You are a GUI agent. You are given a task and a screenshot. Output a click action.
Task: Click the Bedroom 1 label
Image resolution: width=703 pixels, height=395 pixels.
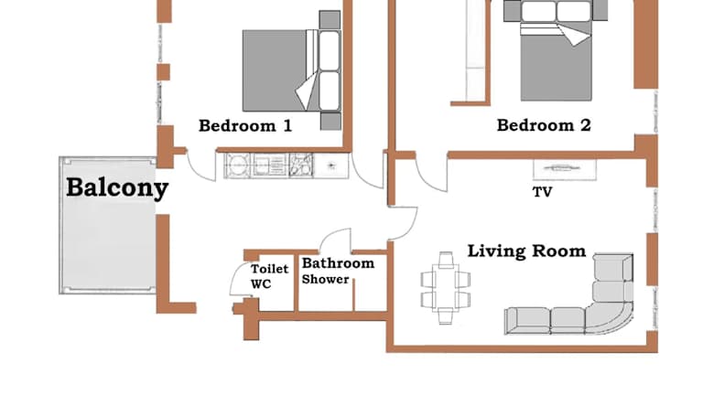(245, 125)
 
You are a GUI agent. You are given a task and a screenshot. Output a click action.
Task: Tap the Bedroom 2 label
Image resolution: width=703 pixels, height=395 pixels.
(544, 125)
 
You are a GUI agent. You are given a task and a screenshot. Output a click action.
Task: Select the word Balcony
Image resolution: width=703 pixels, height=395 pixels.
(117, 187)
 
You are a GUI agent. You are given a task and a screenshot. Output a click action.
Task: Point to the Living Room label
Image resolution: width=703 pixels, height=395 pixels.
(526, 251)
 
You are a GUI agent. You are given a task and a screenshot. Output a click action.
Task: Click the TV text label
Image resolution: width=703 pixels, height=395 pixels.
(542, 192)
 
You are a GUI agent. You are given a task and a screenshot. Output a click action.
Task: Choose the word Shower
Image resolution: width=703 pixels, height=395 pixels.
(325, 279)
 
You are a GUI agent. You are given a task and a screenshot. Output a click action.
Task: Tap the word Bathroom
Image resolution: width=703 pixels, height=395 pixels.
(338, 263)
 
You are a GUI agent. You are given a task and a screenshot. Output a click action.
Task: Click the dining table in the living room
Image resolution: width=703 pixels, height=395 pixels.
(445, 287)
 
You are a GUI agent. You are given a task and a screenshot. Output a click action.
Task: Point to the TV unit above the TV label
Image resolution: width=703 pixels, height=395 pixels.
(565, 169)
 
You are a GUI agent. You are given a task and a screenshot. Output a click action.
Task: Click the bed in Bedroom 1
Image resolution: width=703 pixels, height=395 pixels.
(291, 70)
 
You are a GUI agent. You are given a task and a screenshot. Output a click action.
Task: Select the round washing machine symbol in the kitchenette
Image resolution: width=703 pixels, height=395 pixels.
(237, 165)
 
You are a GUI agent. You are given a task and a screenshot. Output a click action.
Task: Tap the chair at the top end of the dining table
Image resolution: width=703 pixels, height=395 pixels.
(446, 259)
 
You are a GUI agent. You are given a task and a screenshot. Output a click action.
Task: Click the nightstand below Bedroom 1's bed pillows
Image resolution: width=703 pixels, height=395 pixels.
(330, 122)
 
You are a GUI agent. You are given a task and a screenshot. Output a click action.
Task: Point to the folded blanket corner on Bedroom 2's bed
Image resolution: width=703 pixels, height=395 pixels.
(576, 34)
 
